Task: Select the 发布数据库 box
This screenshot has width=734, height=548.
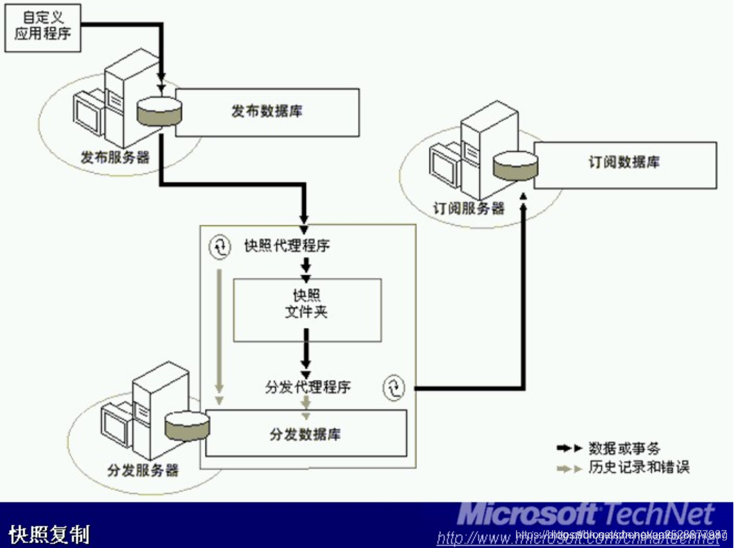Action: tap(267, 112)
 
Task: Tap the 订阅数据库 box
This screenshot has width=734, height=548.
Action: tap(625, 164)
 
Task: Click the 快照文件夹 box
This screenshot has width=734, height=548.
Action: tap(307, 310)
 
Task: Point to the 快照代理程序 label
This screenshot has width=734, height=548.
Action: tap(287, 246)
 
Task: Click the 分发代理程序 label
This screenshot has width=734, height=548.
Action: tap(308, 387)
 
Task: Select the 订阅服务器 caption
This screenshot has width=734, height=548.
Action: tap(469, 208)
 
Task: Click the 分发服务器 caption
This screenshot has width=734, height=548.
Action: tap(143, 470)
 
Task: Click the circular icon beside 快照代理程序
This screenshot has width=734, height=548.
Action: tap(219, 245)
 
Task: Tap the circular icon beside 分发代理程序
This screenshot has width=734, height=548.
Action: tap(393, 388)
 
